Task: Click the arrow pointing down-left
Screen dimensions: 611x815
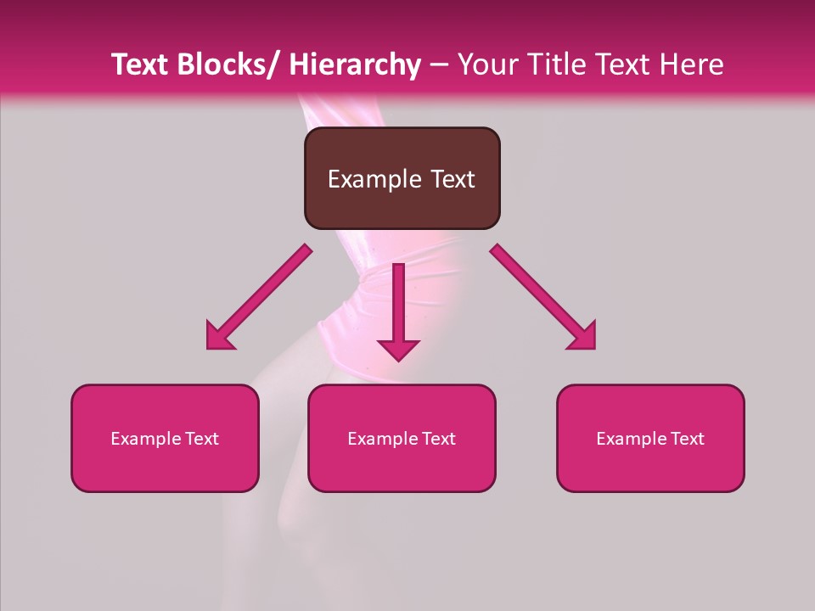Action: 259,297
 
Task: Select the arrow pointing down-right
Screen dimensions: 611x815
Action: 543,297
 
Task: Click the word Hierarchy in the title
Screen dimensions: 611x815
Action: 354,64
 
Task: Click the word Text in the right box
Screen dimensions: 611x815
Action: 686,439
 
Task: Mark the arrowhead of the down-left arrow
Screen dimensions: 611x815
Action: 219,338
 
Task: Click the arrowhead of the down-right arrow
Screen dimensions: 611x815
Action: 583,338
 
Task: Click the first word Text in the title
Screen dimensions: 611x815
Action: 139,64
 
